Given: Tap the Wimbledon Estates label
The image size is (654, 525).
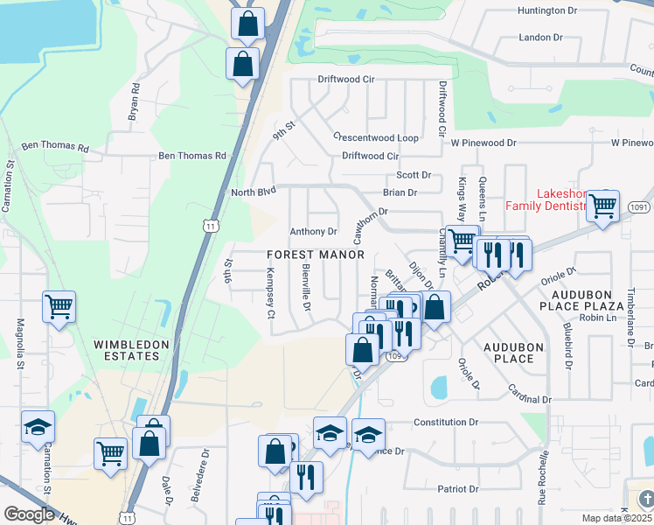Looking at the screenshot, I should pos(132,351).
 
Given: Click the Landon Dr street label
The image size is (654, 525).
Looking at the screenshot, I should pos(540,38).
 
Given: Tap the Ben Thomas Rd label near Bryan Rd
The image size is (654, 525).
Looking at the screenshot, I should pos(191,156).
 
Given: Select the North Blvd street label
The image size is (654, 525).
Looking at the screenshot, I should pos(254,192).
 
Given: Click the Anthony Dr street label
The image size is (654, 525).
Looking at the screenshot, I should pos(313,232).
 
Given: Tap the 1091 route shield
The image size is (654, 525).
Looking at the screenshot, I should pos(639,207).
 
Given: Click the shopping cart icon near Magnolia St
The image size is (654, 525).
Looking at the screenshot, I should pos(59,307).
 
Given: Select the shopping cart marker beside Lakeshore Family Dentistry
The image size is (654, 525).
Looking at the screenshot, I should pos(602,206).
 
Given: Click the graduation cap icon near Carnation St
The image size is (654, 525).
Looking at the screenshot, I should pos(38,427).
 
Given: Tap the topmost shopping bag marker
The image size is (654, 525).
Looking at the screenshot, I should pos(248,24).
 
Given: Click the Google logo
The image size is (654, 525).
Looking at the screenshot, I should pos(29,514).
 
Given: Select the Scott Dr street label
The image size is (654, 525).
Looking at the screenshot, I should pos(414,175).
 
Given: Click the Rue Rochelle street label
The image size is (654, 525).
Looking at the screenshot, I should pos(543,477).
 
